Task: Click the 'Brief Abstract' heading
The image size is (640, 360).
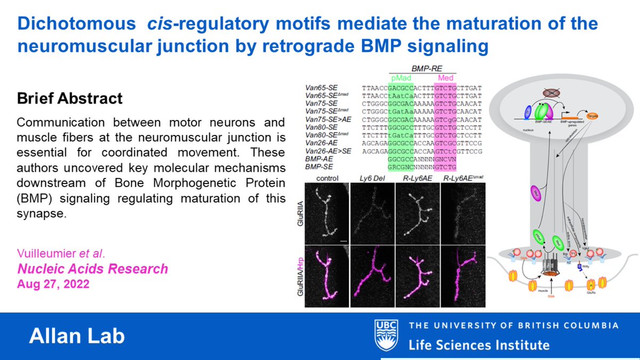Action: [70, 99]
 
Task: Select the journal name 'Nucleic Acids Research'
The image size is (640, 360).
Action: [93, 269]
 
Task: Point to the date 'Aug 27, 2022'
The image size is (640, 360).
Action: [53, 284]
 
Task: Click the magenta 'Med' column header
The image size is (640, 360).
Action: [445, 77]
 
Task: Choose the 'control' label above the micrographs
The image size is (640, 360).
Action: [327, 178]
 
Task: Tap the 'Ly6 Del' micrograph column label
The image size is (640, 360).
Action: [372, 178]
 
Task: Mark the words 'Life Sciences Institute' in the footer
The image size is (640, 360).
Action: [478, 344]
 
